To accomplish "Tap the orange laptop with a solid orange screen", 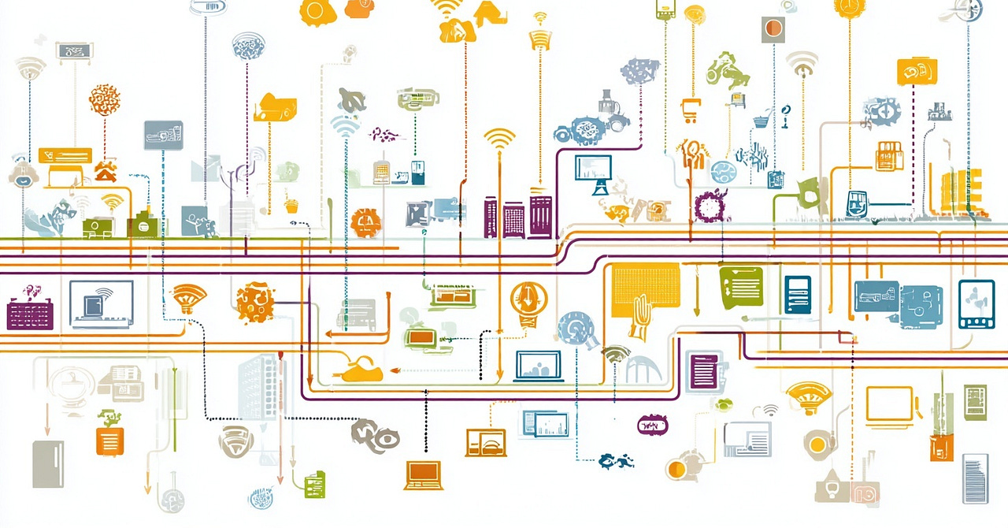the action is (424, 474).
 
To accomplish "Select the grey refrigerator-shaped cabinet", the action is (48, 463).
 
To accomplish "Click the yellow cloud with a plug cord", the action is (361, 370).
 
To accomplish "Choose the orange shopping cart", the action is (691, 110).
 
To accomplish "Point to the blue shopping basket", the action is (761, 121).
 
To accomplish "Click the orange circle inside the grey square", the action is (773, 29).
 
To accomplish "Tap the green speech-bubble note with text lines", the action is (741, 285).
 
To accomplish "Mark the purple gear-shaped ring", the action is (710, 205).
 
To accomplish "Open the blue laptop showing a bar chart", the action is (539, 366).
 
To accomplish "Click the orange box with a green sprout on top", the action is (109, 437).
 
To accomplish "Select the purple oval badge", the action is (651, 426).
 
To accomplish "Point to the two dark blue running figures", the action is (616, 460).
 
